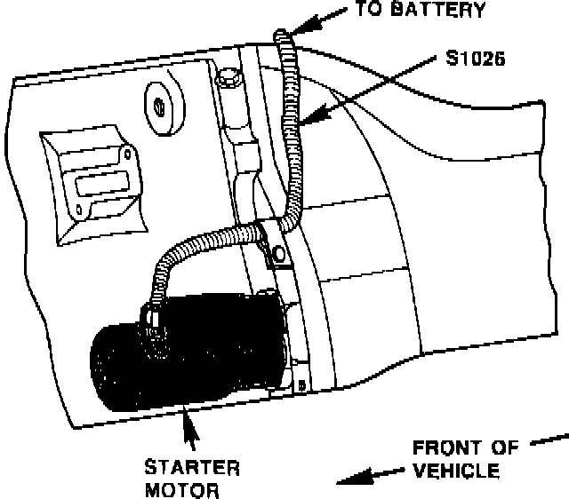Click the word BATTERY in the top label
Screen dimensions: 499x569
point(441,12)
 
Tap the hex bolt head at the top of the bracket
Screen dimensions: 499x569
point(228,79)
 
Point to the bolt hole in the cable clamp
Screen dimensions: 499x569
point(279,256)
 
